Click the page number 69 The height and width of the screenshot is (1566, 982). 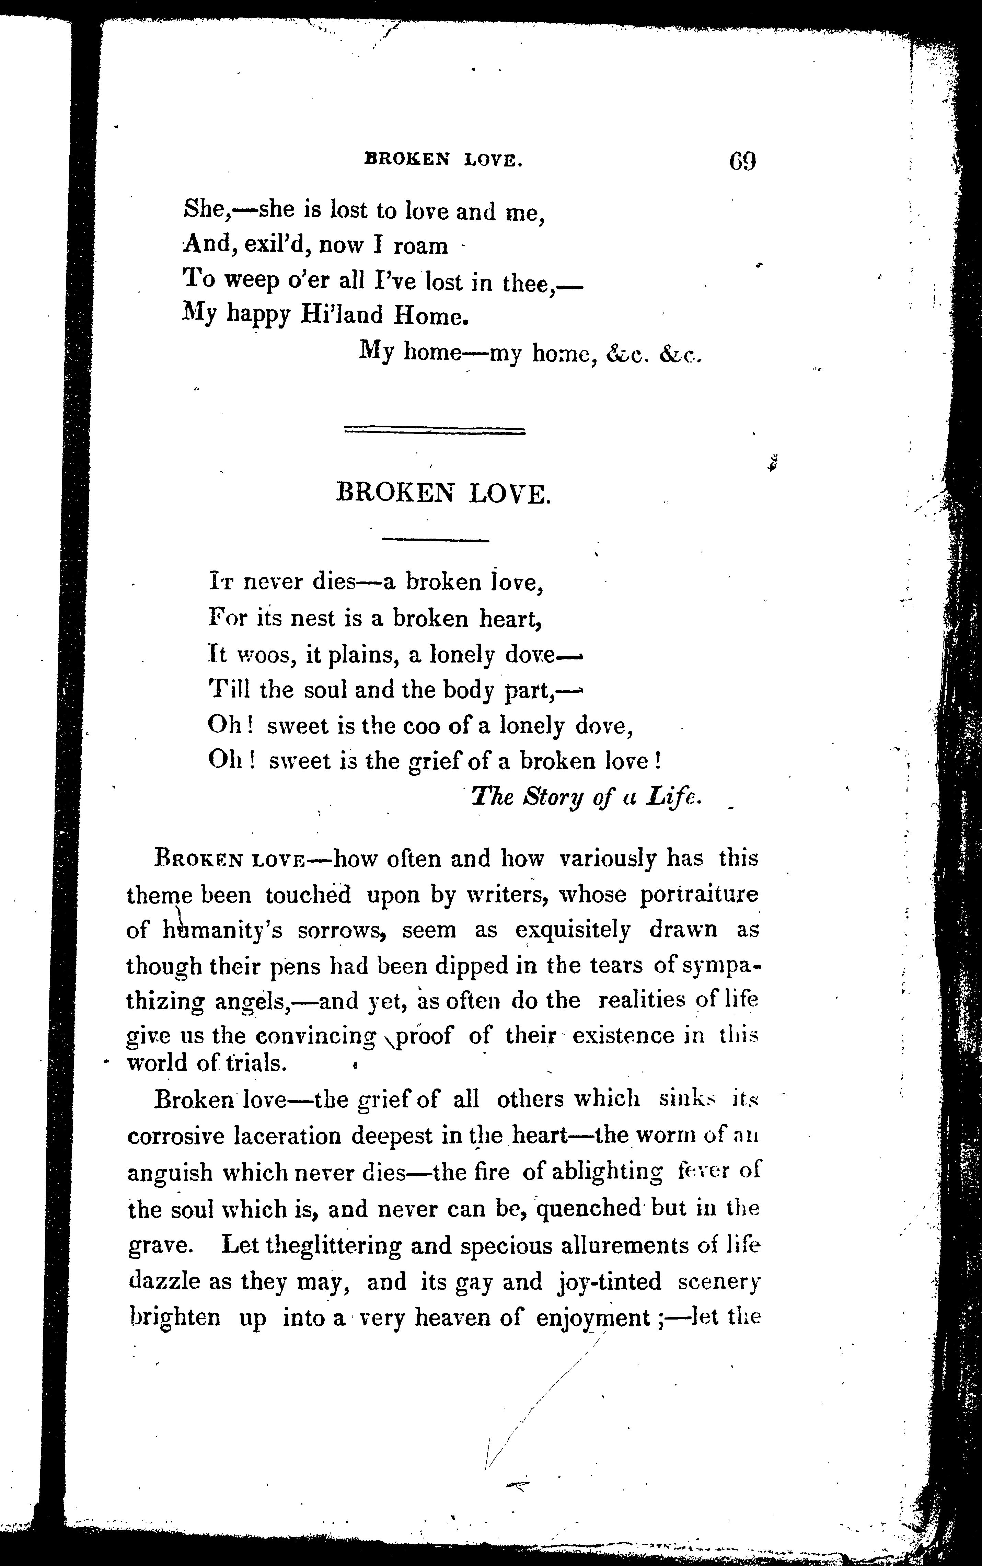pos(742,160)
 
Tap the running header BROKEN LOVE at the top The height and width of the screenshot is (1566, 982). pos(443,159)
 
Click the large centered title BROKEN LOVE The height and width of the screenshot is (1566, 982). pos(443,495)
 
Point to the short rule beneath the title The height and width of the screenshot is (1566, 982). pos(435,539)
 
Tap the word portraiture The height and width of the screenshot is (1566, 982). pos(699,895)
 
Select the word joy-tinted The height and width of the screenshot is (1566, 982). pos(609,1281)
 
